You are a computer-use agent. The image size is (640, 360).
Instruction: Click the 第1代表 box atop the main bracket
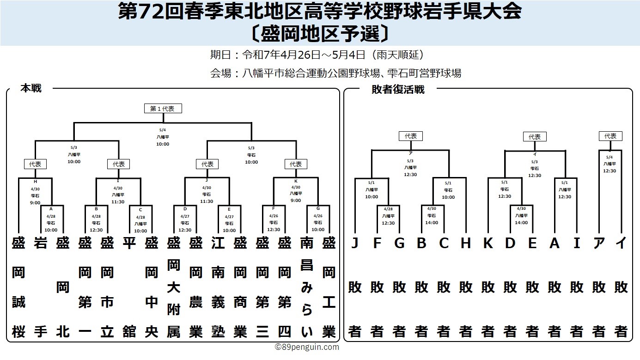click(163, 109)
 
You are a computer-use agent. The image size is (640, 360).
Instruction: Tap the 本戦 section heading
click(31, 88)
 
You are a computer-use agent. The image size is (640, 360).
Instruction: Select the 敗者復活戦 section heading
click(398, 90)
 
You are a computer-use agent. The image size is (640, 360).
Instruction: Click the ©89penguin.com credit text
click(307, 347)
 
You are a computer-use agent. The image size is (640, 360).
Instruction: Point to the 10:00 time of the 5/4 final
click(163, 144)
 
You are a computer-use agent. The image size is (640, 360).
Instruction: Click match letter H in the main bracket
click(35, 182)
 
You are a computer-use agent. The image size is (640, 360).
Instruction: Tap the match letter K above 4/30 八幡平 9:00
click(296, 181)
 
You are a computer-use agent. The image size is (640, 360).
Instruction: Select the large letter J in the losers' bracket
click(354, 243)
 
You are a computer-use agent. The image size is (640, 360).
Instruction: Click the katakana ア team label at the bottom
click(598, 243)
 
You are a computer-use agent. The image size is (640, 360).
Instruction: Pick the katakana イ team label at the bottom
click(621, 243)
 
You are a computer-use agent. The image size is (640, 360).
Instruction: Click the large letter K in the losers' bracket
click(488, 243)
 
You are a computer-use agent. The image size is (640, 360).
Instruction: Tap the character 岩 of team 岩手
click(41, 243)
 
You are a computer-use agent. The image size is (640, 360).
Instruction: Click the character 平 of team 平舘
click(129, 243)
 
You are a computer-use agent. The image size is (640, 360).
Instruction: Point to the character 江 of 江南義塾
click(218, 243)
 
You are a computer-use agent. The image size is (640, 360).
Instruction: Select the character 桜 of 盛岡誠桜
click(18, 332)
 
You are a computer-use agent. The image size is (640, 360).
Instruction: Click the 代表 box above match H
click(35, 164)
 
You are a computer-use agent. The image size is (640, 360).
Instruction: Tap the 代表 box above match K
click(296, 164)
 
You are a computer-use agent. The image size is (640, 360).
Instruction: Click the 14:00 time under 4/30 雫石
click(432, 223)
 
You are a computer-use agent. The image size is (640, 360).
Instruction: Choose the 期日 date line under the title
click(317, 55)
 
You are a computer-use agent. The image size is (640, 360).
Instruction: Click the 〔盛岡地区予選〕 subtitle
click(320, 34)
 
